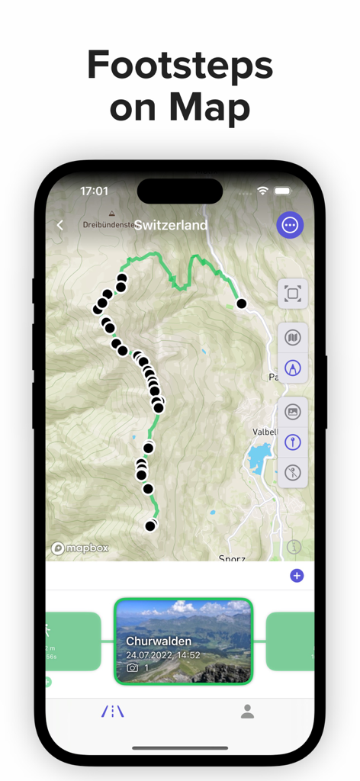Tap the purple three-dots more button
(290, 225)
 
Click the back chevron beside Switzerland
(60, 225)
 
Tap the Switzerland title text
(171, 225)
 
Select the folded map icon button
(293, 337)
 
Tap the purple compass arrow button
(293, 368)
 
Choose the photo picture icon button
(293, 412)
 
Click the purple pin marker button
(293, 442)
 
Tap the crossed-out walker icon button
(293, 472)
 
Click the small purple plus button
(297, 576)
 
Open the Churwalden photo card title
(159, 641)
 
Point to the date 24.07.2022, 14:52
(163, 654)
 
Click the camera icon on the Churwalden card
(133, 667)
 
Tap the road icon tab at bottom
(113, 712)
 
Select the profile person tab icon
(247, 712)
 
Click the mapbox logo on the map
(80, 548)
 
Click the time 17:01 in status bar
(94, 191)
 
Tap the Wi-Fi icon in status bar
(263, 191)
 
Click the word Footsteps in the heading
(180, 66)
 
